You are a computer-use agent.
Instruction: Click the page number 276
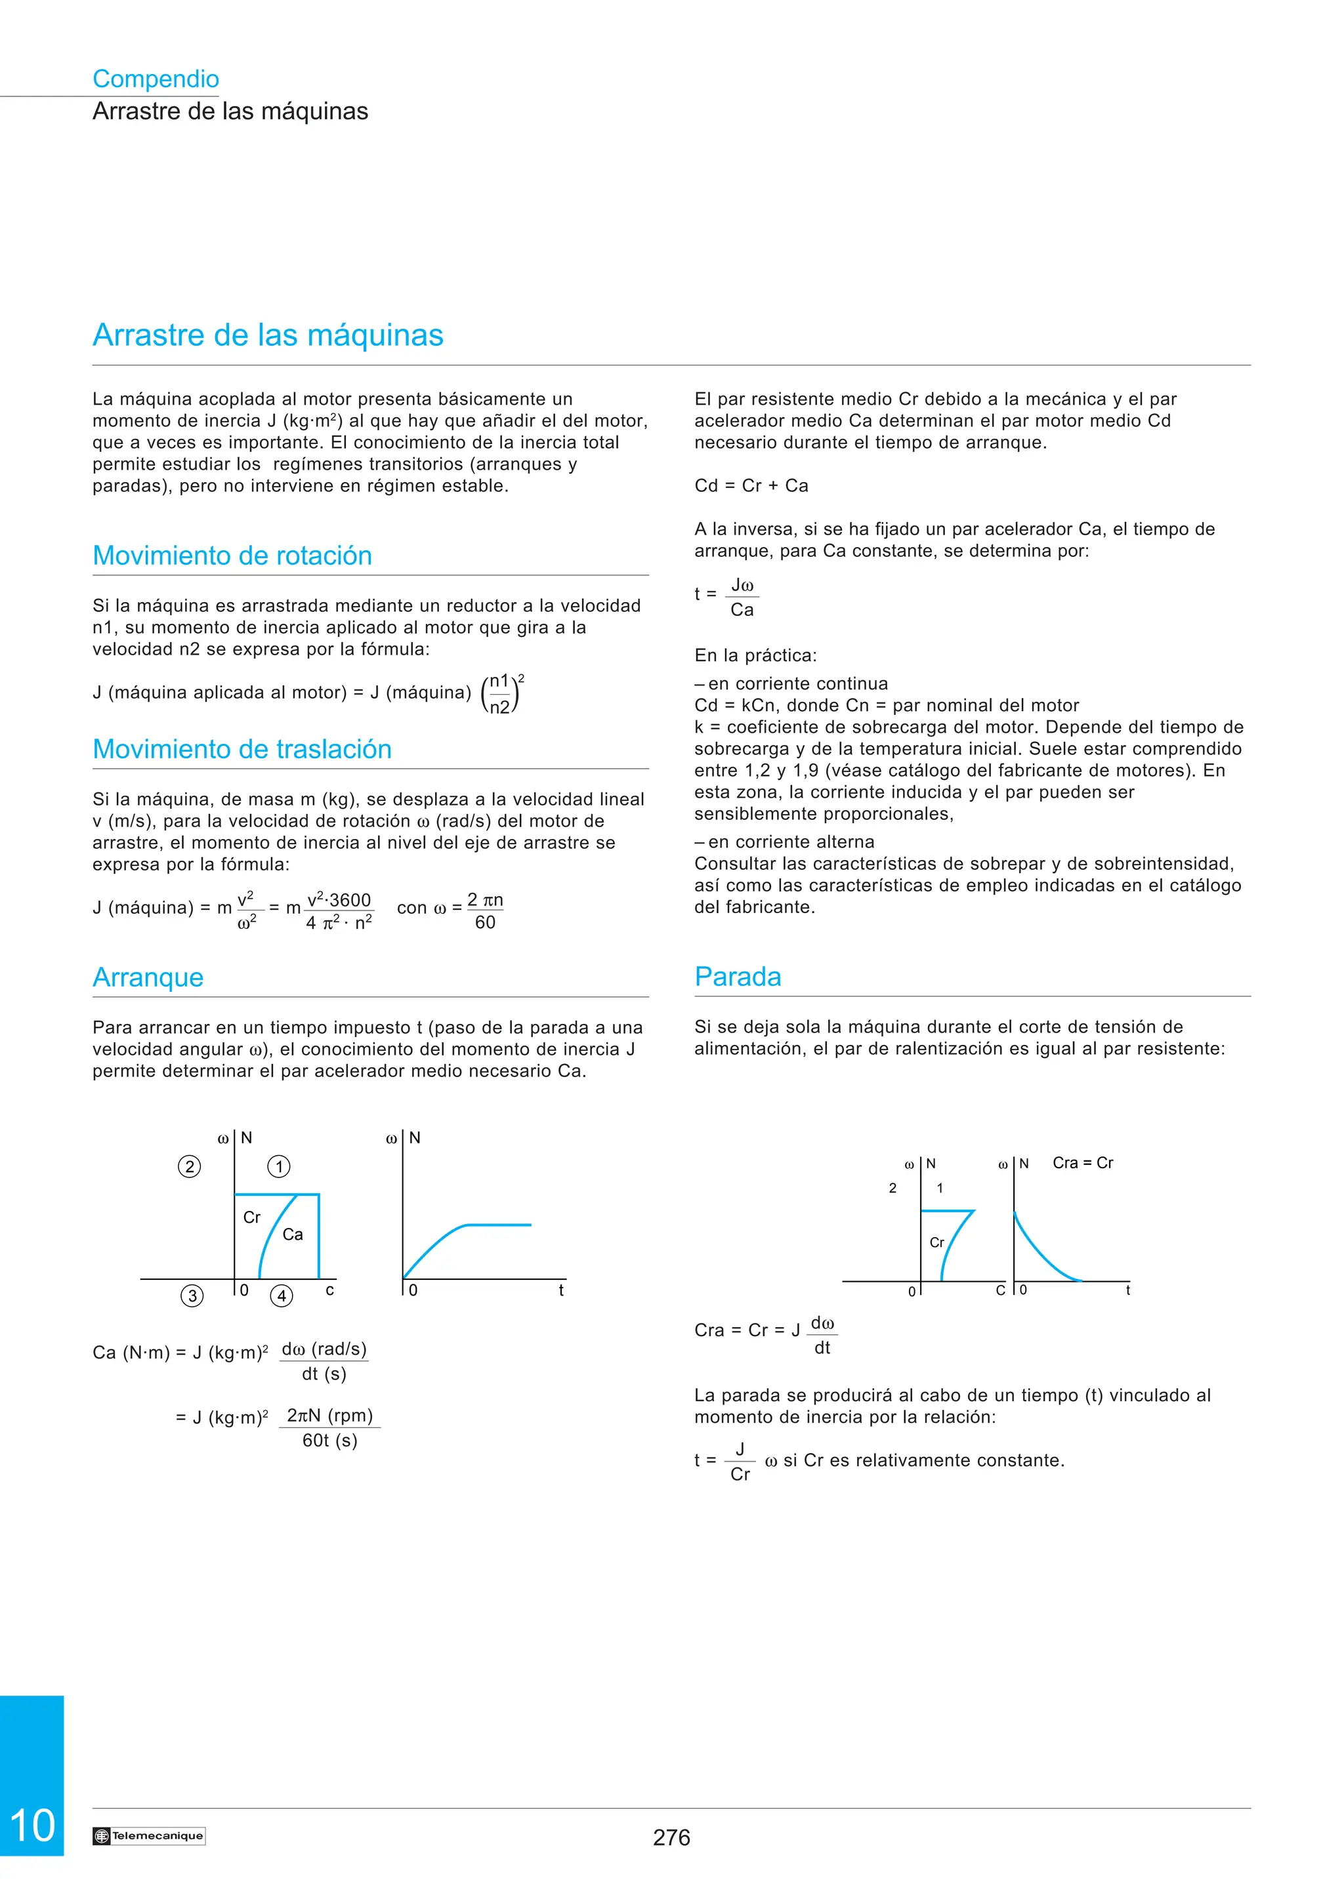pyautogui.click(x=671, y=1837)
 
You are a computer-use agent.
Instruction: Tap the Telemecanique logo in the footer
pyautogui.click(x=149, y=1835)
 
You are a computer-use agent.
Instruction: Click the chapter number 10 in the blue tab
pyautogui.click(x=32, y=1826)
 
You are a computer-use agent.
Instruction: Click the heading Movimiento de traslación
pyautogui.click(x=241, y=749)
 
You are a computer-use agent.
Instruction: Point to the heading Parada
pyautogui.click(x=737, y=977)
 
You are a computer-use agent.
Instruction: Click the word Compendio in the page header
pyautogui.click(x=156, y=79)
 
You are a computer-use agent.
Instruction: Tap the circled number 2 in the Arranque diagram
pyautogui.click(x=190, y=1166)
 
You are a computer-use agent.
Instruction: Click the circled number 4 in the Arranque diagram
pyautogui.click(x=282, y=1296)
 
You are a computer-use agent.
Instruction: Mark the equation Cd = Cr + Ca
pyautogui.click(x=751, y=486)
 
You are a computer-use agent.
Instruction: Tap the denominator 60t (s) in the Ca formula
pyautogui.click(x=329, y=1441)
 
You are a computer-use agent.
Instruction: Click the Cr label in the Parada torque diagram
pyautogui.click(x=936, y=1243)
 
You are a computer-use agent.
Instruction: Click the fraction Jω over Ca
pyautogui.click(x=742, y=598)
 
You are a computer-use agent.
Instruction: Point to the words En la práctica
pyautogui.click(x=755, y=656)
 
